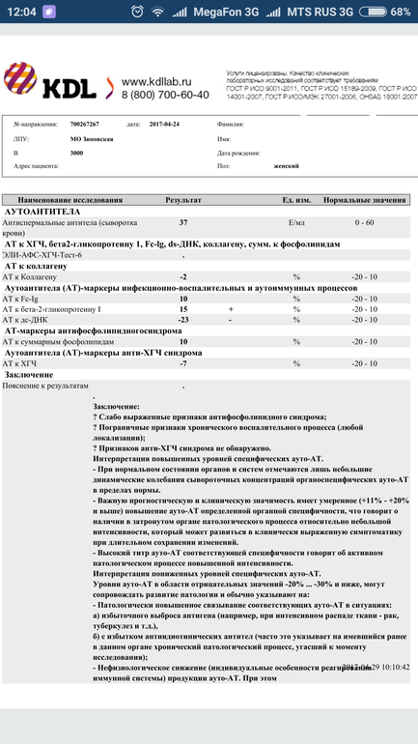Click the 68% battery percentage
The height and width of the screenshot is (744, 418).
(x=399, y=12)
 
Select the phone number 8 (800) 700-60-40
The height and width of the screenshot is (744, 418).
(x=165, y=95)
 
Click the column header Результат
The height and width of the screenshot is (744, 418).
(x=183, y=198)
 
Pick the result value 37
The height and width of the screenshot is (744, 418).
(x=183, y=222)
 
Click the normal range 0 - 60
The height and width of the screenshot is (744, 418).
(x=365, y=222)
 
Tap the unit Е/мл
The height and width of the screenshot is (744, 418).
(x=297, y=222)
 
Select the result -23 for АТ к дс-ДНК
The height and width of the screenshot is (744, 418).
(x=183, y=319)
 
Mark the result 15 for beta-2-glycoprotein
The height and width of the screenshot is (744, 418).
(x=183, y=309)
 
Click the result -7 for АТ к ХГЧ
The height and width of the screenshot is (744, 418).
(x=183, y=363)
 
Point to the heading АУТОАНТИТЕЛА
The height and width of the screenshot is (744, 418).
(x=42, y=210)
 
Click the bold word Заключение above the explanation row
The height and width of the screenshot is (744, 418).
(x=29, y=374)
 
